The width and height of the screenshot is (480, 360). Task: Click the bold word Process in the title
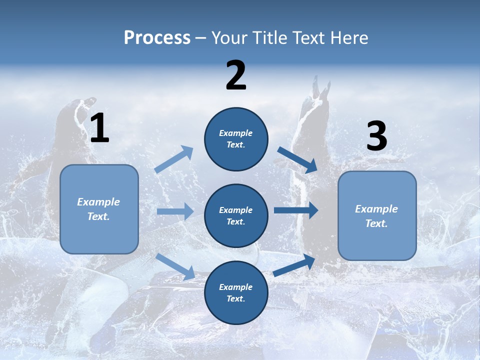tap(157, 37)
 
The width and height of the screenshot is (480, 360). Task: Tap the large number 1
tap(99, 128)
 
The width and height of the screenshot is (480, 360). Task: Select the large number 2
tap(236, 75)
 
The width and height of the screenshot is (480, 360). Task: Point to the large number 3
tap(376, 136)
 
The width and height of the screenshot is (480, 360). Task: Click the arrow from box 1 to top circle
tap(173, 159)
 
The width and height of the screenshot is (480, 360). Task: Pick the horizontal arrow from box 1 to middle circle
tap(175, 211)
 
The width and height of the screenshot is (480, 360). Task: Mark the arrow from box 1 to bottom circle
tap(175, 266)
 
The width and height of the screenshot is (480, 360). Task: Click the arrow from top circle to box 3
tap(297, 159)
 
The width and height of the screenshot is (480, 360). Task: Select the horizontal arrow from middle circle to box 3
tap(296, 210)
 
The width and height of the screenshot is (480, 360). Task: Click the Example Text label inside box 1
tap(98, 209)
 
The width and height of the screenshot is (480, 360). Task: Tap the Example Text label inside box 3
tap(376, 216)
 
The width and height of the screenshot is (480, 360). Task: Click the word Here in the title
tap(348, 37)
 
